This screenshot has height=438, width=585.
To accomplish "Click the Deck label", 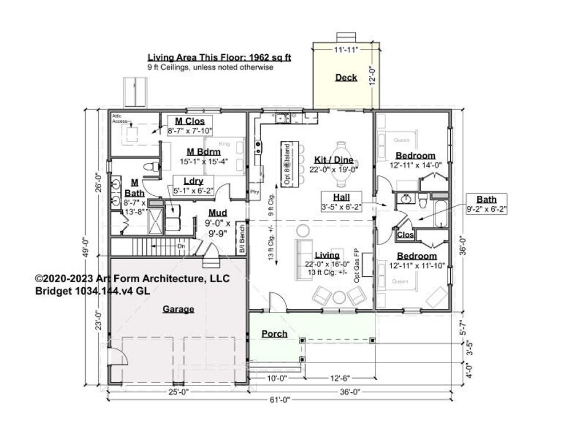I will coord(346,78).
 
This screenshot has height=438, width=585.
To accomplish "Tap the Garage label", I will coord(178,309).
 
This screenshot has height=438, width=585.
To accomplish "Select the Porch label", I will coord(274,333).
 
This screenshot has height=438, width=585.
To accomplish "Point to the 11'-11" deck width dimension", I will coord(346,50).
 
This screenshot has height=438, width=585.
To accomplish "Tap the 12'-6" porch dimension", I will coord(339,377).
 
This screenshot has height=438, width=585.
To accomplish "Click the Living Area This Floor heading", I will coord(219,57).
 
